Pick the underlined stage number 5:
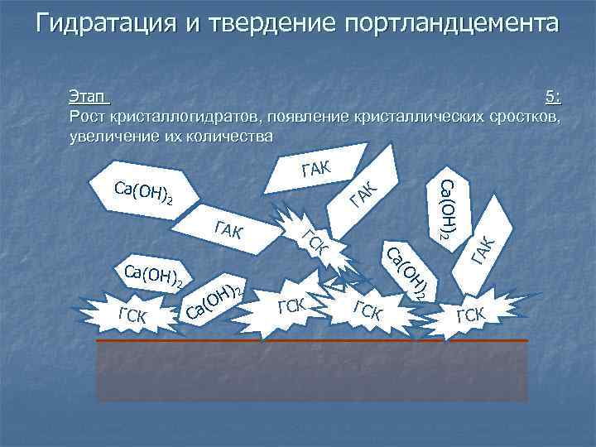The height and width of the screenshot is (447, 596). (552, 97)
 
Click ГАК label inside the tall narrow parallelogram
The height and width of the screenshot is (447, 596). (483, 249)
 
